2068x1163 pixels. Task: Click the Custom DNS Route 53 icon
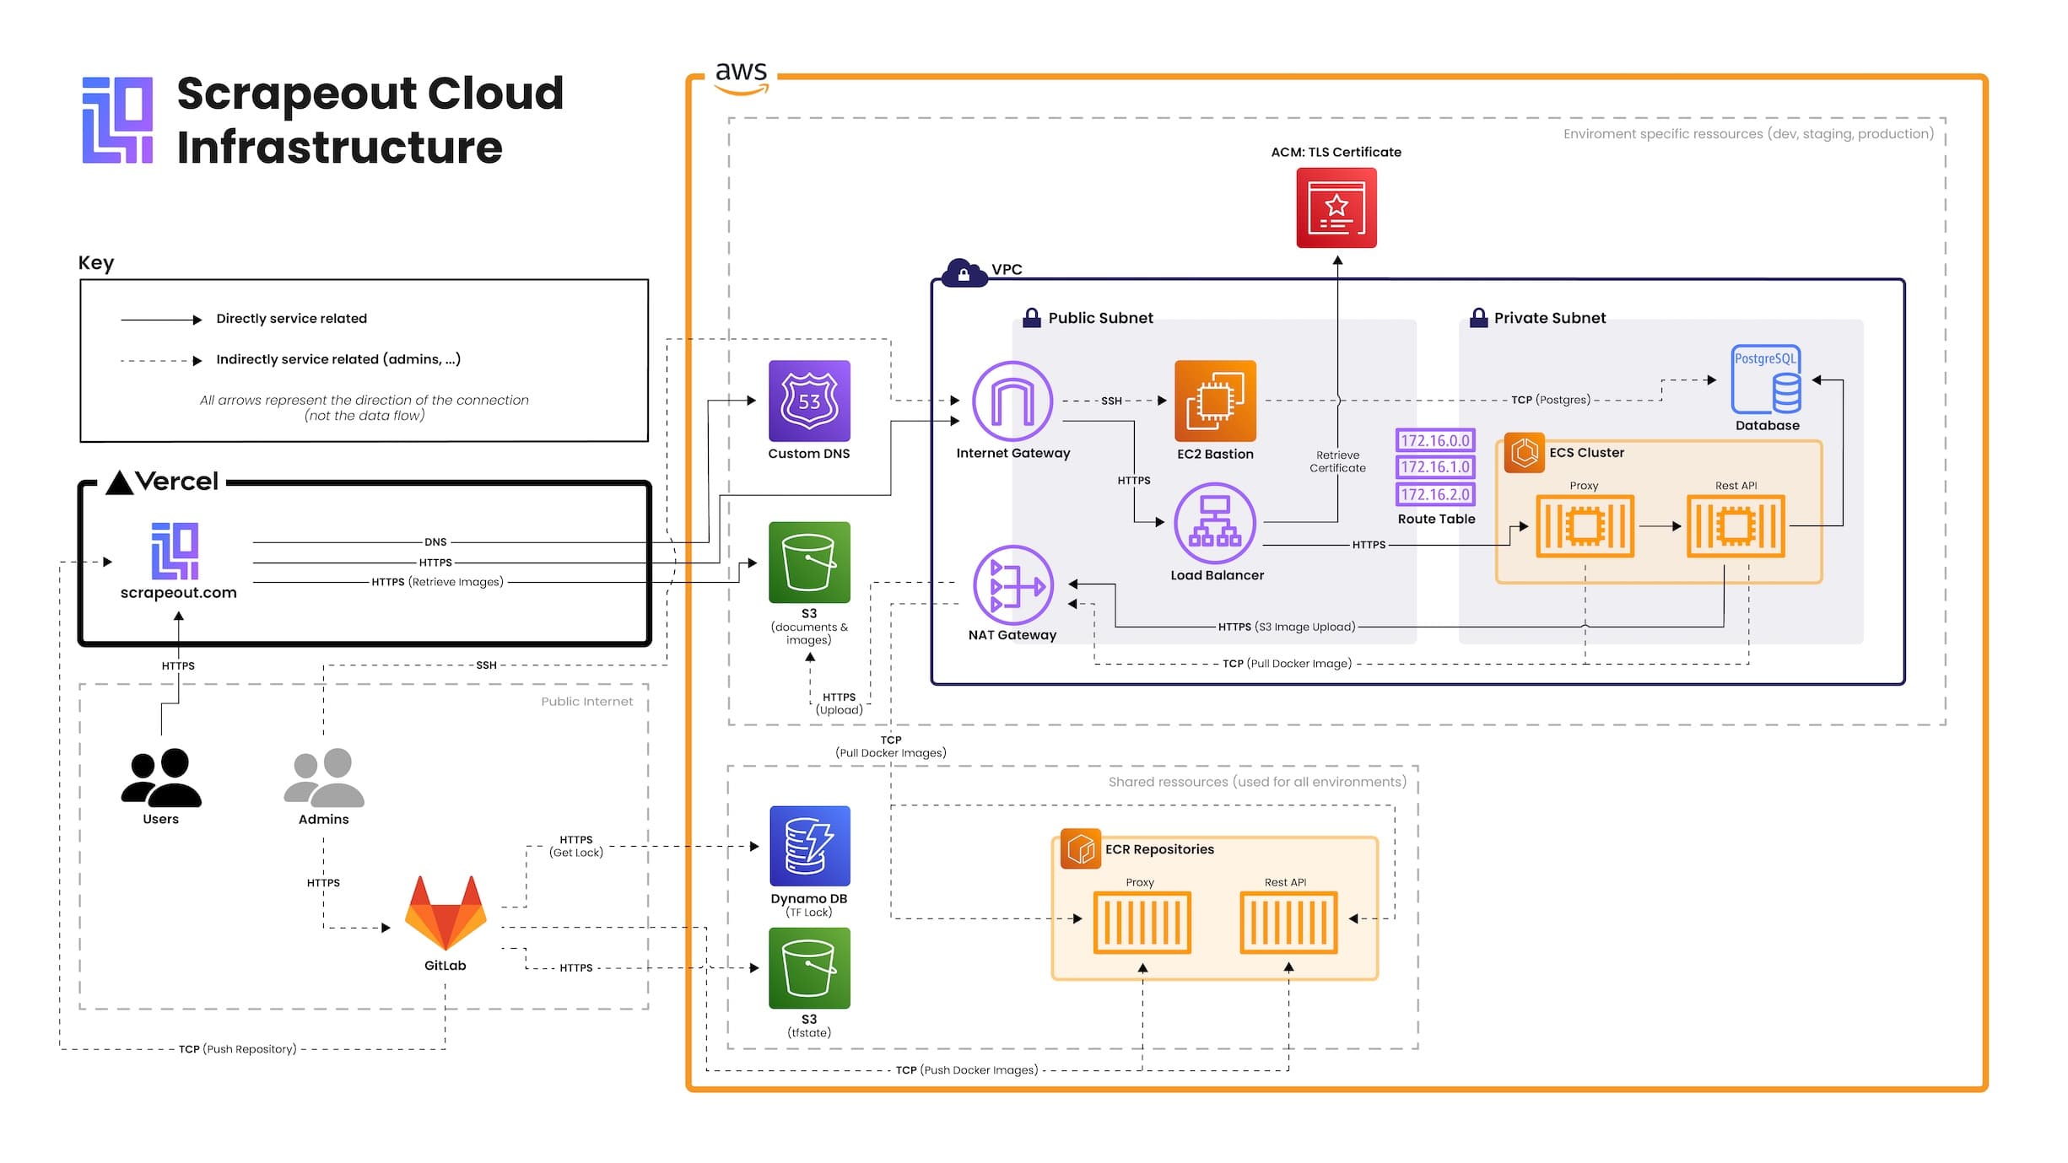pos(808,401)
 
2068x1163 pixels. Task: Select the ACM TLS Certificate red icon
pos(1336,207)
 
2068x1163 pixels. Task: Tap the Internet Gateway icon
pos(1012,401)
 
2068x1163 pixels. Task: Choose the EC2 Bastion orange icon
pos(1215,401)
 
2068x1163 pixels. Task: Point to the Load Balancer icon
pos(1215,523)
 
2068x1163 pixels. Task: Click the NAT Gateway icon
pos(1012,584)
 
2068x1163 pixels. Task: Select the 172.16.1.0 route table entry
pos(1434,467)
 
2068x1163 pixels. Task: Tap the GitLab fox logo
pos(445,913)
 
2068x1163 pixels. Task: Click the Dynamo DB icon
pos(809,846)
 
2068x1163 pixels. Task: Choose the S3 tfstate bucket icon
pos(809,968)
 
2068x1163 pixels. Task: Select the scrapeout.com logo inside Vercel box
pos(175,551)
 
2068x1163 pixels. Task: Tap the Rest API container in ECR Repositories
pos(1288,923)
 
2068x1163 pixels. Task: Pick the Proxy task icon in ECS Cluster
pos(1585,526)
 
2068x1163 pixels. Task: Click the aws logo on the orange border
pos(741,77)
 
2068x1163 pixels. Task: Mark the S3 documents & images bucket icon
pos(809,563)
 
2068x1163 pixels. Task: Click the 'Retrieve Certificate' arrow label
pos(1337,461)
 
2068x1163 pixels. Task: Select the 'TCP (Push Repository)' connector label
pos(237,1049)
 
